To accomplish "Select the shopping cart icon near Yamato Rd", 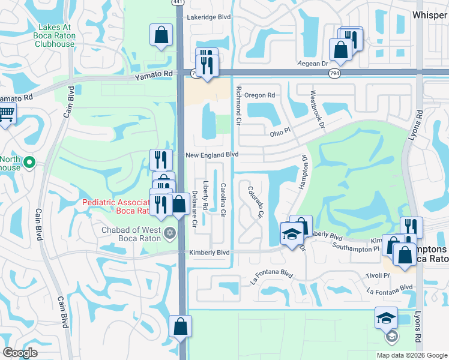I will (6, 114).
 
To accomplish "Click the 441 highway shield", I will (178, 3).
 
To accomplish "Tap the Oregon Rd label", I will (259, 95).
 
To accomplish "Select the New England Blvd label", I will (212, 154).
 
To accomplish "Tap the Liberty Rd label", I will (205, 196).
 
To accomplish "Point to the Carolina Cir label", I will (223, 200).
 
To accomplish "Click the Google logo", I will (20, 353).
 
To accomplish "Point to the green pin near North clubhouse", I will (29, 162).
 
